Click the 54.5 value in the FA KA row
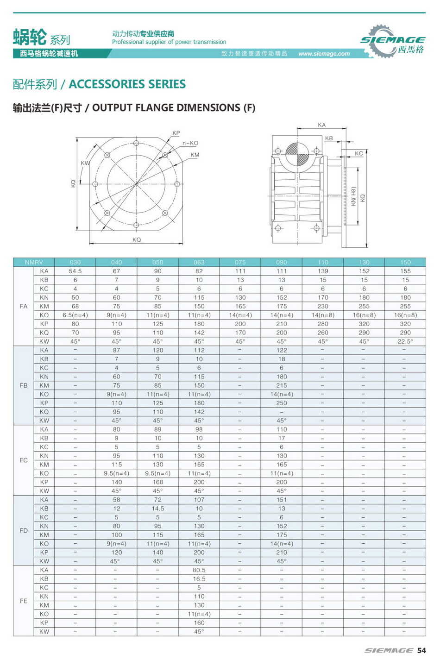75,271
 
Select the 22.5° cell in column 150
405,341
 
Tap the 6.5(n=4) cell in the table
75,315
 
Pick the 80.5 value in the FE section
199,570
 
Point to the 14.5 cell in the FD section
158,509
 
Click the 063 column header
199,262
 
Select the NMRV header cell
34,262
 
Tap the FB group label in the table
24,385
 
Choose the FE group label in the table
24,601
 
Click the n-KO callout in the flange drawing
190,143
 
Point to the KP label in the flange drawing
176,133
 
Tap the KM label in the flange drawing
195,155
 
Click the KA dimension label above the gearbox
321,125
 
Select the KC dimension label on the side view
359,153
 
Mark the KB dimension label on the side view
329,138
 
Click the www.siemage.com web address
324,54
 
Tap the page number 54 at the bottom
421,650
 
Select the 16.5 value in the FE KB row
199,579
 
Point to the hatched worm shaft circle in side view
296,153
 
